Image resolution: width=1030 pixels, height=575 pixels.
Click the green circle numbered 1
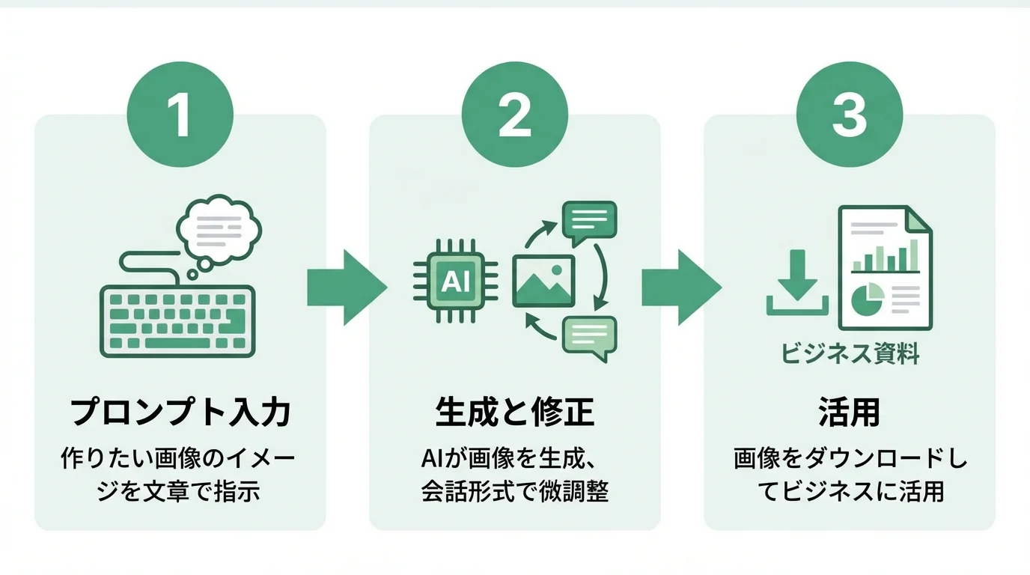[180, 117]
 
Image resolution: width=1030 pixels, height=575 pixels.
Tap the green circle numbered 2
[515, 117]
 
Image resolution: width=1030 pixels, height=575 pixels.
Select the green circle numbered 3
[850, 117]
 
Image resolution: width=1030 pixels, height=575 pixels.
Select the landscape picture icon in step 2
[543, 281]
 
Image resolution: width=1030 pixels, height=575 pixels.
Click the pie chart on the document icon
[868, 300]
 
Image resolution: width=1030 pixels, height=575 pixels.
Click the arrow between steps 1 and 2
[346, 287]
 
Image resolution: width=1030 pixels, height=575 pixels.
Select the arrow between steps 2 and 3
[680, 287]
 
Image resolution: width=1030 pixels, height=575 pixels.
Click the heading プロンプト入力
[180, 413]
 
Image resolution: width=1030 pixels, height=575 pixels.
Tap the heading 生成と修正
[515, 413]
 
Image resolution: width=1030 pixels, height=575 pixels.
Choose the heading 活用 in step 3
[850, 413]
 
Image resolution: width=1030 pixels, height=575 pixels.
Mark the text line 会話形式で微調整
[515, 492]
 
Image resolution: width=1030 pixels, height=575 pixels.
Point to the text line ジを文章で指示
[180, 492]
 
